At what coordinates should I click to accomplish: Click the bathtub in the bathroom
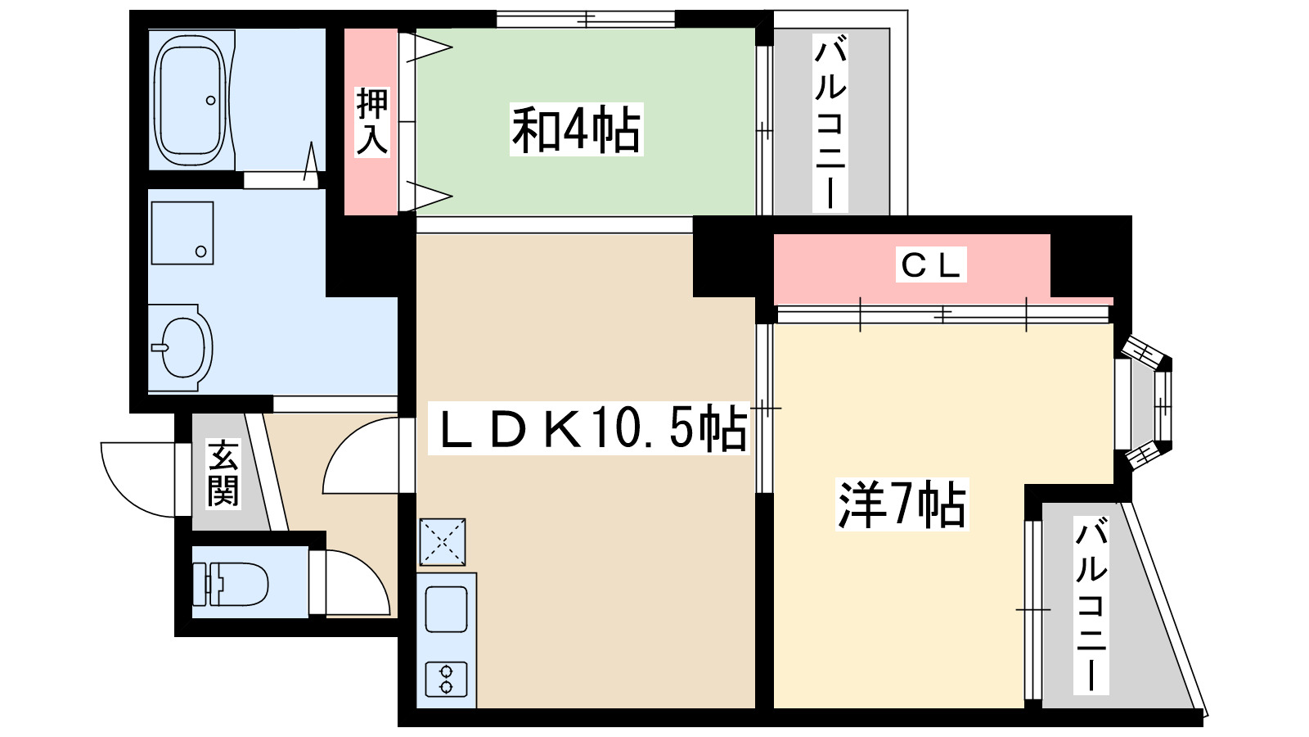coord(190,99)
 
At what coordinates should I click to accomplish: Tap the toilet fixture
coord(230,584)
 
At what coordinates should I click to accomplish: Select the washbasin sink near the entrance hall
coord(180,347)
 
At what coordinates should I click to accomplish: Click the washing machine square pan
coord(182,233)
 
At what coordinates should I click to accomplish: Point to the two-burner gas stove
coord(447,679)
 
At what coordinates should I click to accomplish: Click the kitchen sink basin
coord(447,609)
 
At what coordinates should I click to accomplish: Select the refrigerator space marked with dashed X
coord(443,542)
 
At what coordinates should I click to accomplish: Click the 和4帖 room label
coord(576,129)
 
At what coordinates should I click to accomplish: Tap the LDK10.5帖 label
coord(589,428)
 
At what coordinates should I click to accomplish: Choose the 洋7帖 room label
coord(902,504)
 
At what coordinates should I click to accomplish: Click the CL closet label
coord(931,265)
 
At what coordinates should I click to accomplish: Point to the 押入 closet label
coord(371,122)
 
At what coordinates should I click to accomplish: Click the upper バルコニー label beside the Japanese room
coord(830,124)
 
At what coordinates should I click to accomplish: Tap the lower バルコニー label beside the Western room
coord(1091,606)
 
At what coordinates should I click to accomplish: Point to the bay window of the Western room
coord(1145,405)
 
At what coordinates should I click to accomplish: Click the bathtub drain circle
coord(210,101)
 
